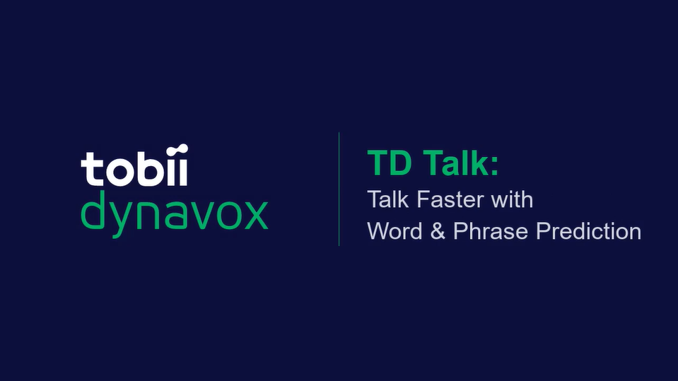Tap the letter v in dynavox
coord(199,214)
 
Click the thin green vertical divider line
coord(339,189)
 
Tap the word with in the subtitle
coord(512,199)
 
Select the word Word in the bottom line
coord(394,231)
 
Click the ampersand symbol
coord(438,231)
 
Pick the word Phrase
coord(491,231)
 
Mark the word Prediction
coord(589,231)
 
